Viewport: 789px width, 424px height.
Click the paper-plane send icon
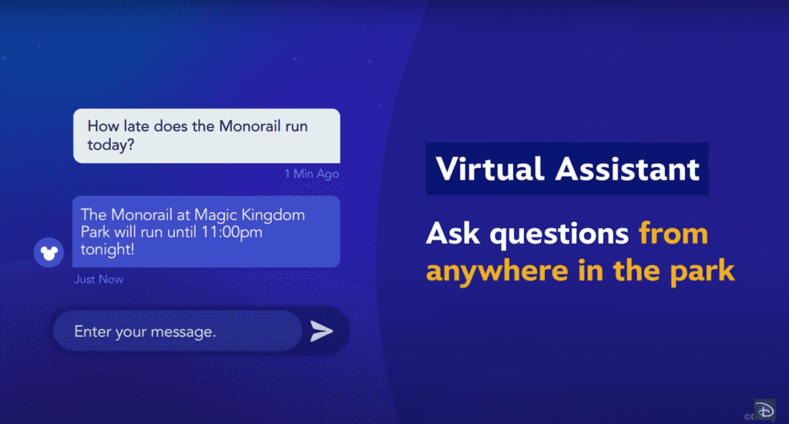point(321,331)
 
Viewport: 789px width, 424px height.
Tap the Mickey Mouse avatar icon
point(49,252)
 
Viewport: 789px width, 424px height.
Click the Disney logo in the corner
point(764,410)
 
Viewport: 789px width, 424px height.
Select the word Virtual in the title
point(490,169)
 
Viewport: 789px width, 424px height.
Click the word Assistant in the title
point(627,169)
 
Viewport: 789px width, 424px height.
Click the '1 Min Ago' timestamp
point(311,173)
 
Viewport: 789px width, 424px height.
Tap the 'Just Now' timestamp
point(99,279)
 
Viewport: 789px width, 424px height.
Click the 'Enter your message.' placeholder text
point(145,331)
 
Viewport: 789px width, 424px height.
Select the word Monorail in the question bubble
point(250,126)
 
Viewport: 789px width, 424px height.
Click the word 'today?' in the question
point(111,145)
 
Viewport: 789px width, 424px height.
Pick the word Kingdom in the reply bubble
point(273,215)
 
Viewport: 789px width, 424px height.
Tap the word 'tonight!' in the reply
point(107,249)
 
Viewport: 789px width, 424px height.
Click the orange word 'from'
point(673,234)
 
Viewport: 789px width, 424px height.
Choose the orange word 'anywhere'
point(497,271)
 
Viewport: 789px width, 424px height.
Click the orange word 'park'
point(703,271)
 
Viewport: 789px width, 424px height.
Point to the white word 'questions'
point(559,234)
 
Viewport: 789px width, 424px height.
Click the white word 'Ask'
point(453,234)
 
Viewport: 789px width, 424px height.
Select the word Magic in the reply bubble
point(216,216)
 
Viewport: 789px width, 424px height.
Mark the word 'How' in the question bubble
point(104,126)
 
